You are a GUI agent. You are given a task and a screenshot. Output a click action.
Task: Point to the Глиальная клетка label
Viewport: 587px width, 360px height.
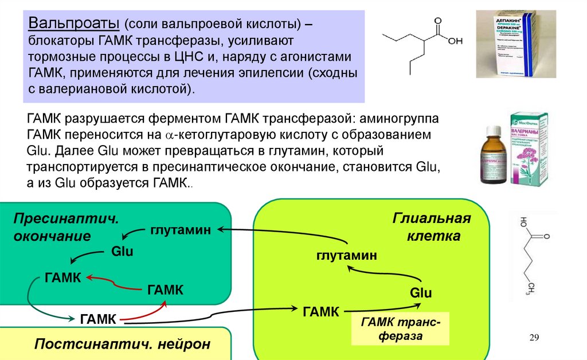(x=431, y=227)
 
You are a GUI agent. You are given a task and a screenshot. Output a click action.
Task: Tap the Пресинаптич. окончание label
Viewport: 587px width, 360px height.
(x=66, y=228)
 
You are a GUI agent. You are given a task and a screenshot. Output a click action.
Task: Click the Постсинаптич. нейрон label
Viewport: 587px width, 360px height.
(x=122, y=344)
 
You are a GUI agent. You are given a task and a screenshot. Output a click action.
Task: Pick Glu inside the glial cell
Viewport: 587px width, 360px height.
(x=420, y=293)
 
